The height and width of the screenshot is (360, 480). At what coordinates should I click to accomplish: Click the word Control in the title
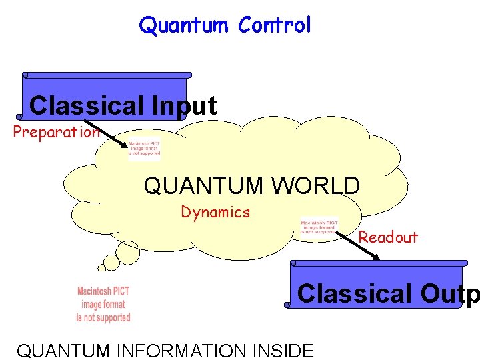[x=274, y=25]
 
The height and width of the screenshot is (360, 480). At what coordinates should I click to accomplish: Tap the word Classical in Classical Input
[x=87, y=105]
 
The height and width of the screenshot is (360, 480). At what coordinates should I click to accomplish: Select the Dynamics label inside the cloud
[x=215, y=213]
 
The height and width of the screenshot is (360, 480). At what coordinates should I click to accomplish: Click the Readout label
[x=388, y=237]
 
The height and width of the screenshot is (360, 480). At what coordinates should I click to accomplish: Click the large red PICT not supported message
[x=103, y=304]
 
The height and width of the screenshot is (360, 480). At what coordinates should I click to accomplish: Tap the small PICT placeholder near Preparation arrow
[x=145, y=148]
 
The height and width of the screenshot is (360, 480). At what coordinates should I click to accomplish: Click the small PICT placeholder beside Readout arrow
[x=319, y=227]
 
